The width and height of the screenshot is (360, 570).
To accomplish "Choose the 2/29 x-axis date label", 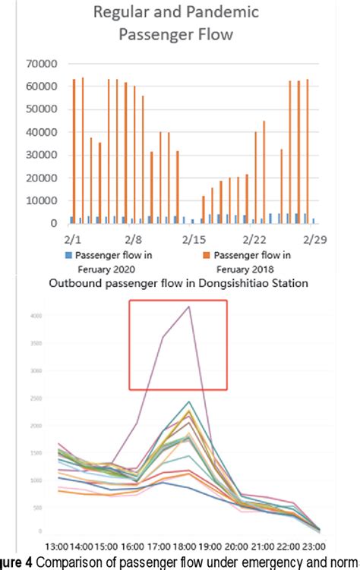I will (314, 238).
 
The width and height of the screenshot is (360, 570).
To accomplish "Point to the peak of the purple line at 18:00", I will (188, 307).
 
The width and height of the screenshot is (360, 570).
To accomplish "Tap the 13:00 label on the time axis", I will (58, 545).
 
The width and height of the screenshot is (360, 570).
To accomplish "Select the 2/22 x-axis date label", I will (254, 238).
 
